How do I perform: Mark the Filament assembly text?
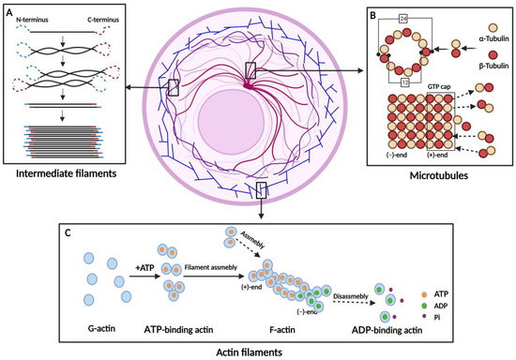coord(211,265)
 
